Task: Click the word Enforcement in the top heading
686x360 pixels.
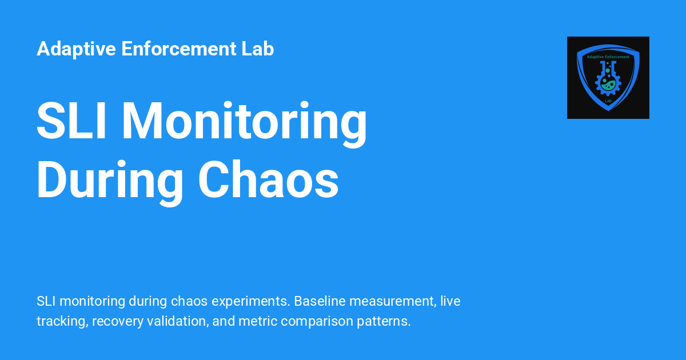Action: [x=179, y=49]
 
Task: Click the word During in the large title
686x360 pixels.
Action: [x=110, y=183]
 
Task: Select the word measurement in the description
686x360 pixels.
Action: [x=393, y=302]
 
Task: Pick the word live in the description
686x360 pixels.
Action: [x=450, y=301]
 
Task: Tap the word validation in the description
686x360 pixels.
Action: [x=178, y=321]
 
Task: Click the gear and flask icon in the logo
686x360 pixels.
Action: [x=608, y=78]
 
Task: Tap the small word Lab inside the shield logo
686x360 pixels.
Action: [x=608, y=101]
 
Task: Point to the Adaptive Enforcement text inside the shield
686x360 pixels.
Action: [x=608, y=57]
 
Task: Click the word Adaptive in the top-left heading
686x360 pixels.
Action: [x=76, y=50]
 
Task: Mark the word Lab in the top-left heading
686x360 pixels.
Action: [x=258, y=49]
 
